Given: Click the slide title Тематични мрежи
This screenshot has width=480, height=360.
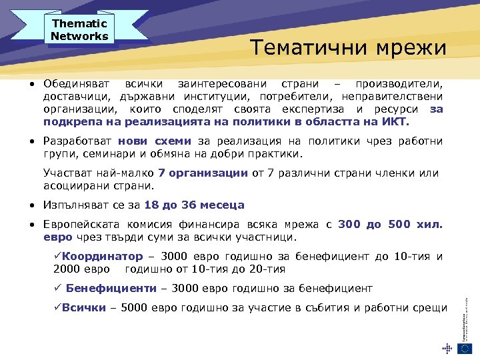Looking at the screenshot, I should click(348, 47).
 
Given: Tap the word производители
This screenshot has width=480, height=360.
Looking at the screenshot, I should click(398, 85).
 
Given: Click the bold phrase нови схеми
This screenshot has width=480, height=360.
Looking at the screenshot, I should click(155, 141).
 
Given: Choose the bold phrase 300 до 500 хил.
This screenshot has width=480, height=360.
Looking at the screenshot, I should click(390, 225).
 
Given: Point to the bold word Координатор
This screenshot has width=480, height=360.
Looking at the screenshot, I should click(103, 257).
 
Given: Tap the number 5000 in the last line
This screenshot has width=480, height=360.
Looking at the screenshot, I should click(133, 308).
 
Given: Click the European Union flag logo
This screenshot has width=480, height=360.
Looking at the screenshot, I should click(465, 347).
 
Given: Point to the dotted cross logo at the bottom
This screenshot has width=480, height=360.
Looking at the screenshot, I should click(447, 347).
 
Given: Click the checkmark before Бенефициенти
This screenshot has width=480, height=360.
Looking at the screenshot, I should click(57, 289).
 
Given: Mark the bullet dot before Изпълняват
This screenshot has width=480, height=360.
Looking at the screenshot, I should click(32, 205).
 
